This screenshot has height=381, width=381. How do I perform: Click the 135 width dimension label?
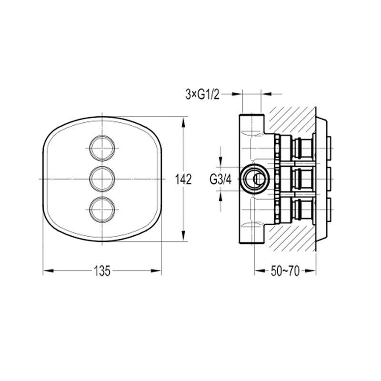tap(102, 271)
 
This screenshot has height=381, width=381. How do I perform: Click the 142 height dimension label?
tap(183, 180)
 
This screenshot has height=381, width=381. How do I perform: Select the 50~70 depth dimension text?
tap(285, 271)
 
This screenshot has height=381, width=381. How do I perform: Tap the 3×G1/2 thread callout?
tap(202, 94)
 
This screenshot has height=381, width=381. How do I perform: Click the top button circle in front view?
tap(102, 148)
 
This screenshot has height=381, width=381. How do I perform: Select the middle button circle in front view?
tap(102, 179)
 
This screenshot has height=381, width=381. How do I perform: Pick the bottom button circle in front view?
tap(102, 210)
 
